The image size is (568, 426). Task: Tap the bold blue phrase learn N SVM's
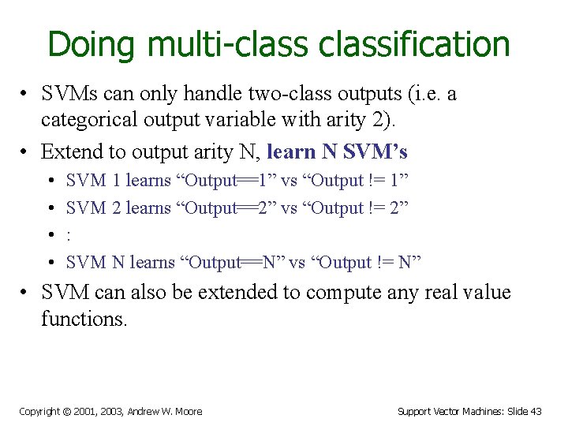coord(338,151)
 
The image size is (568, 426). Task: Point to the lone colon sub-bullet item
coord(69,235)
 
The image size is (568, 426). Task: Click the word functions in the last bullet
coord(84,319)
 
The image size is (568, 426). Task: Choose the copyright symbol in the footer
coord(66,411)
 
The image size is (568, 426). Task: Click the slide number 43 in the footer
coord(536,411)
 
